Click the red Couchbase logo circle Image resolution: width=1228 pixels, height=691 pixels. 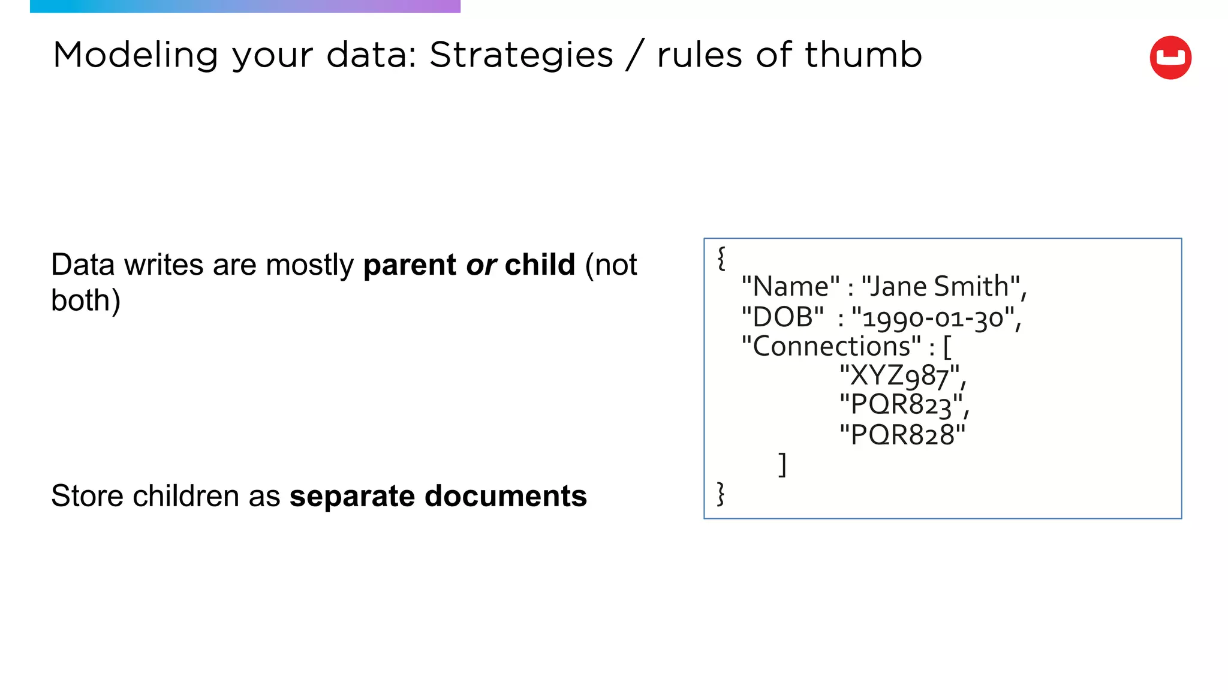click(1170, 58)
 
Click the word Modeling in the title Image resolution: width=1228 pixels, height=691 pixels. click(135, 55)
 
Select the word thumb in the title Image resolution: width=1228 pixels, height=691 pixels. click(863, 55)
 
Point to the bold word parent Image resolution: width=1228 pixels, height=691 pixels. click(410, 265)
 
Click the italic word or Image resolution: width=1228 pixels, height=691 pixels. click(481, 265)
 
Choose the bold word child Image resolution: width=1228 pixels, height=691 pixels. click(540, 265)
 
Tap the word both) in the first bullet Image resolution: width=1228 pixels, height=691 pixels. click(86, 301)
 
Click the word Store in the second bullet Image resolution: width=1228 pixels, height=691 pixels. click(87, 496)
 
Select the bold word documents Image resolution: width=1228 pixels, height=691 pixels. click(505, 496)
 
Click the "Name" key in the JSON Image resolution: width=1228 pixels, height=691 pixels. click(790, 287)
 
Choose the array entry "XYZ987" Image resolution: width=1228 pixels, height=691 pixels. click(899, 376)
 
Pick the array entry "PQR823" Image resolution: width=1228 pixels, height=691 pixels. click(901, 405)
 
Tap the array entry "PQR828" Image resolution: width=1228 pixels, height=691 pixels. click(902, 435)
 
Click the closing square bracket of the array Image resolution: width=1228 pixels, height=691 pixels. click(782, 465)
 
